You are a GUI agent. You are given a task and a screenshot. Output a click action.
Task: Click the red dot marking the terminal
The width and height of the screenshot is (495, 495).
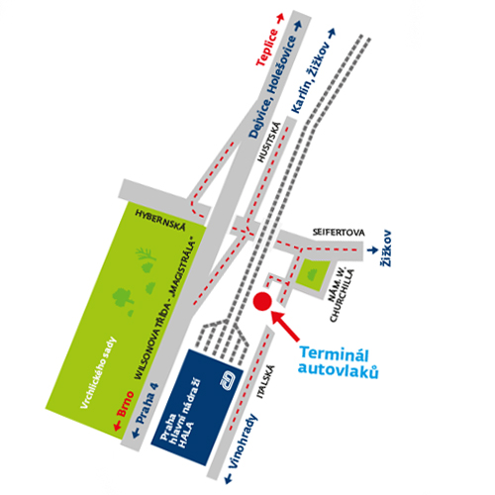[x=262, y=302]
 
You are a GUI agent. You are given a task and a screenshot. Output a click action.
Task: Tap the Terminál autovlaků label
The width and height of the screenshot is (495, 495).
[x=338, y=362]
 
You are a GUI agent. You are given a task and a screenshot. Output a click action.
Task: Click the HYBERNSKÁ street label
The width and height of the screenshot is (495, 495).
[x=160, y=220]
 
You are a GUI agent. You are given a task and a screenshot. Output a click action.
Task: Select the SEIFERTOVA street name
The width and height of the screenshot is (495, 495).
[x=339, y=233]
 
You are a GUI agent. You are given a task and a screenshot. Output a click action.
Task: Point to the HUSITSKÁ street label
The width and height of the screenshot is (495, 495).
[x=269, y=143]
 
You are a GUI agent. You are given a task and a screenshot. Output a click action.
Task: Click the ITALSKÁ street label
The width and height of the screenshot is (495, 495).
[x=265, y=381]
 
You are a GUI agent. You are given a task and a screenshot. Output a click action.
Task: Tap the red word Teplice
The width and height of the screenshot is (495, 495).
[x=267, y=48]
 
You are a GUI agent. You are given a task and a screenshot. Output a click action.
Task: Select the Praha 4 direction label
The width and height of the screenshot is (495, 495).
[x=148, y=403]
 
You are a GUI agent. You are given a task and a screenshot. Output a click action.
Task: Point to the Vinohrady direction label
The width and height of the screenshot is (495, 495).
[x=243, y=441]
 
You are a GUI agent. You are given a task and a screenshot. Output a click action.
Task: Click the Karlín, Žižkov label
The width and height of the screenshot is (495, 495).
[x=311, y=77]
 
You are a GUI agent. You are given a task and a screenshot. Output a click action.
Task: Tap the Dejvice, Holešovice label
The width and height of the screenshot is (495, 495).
[x=272, y=86]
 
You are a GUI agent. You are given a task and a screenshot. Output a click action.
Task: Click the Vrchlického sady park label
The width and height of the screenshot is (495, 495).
[x=99, y=372]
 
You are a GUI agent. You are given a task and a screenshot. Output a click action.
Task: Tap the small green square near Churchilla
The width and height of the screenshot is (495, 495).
[x=312, y=275]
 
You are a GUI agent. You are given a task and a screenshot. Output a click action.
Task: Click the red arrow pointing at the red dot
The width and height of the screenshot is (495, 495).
[x=284, y=326]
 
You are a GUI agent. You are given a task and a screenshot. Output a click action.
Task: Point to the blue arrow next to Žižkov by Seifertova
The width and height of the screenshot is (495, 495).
[x=372, y=250]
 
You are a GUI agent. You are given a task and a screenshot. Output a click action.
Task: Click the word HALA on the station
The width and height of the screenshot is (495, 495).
[x=186, y=435]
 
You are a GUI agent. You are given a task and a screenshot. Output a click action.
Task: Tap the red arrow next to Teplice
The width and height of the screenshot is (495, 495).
[x=280, y=18]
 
